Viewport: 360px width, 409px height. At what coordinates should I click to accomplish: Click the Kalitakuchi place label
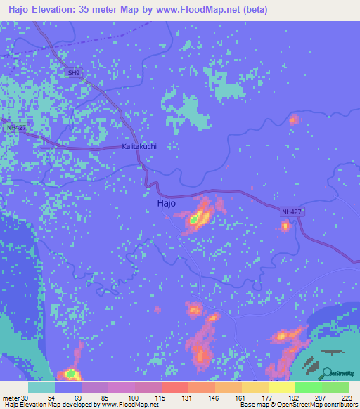(139, 147)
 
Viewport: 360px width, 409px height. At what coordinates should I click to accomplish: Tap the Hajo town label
(165, 202)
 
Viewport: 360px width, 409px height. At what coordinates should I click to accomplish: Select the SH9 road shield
(75, 72)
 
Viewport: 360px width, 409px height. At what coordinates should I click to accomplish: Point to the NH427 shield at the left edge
(15, 128)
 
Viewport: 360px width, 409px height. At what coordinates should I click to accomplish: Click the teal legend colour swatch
(41, 387)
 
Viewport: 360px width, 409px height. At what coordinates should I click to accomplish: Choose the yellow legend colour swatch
(281, 387)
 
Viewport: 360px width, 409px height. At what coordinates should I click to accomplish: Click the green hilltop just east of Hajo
(193, 220)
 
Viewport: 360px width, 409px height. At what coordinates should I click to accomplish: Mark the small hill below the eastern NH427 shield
(285, 226)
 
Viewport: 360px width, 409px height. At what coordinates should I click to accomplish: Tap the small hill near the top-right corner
(294, 119)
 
